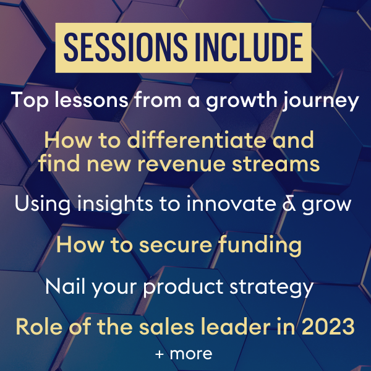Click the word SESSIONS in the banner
click(126, 48)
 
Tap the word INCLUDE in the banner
click(249, 48)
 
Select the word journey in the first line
click(321, 101)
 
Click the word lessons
click(92, 100)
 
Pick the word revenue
click(181, 164)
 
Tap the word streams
click(276, 164)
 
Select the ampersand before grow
click(289, 204)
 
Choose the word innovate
click(231, 203)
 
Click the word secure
click(176, 245)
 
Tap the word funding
click(260, 245)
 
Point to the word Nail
click(66, 286)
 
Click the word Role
click(40, 326)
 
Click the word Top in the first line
click(29, 101)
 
